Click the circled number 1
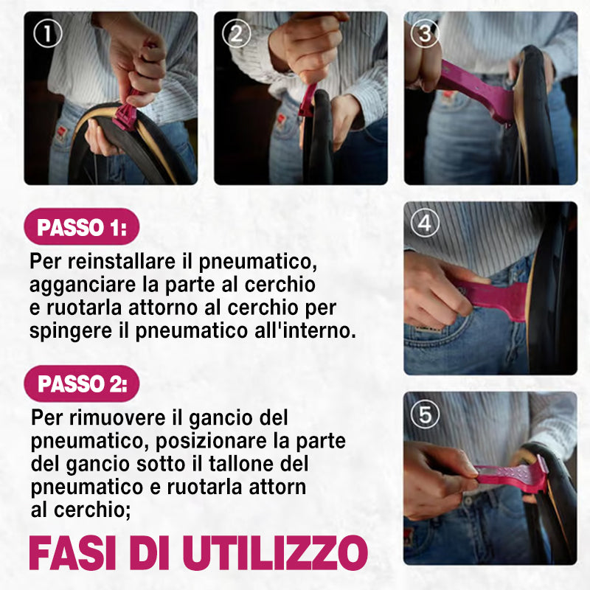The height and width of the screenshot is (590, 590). [47, 33]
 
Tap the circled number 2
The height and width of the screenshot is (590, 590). [236, 33]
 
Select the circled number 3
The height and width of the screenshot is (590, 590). [426, 33]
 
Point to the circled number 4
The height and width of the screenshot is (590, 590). [426, 223]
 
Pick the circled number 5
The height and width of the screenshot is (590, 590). [426, 414]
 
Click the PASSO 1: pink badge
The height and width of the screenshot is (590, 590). [82, 227]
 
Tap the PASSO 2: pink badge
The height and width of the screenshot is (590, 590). [82, 383]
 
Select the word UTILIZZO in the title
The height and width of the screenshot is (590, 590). [274, 553]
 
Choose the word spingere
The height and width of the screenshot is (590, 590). [71, 331]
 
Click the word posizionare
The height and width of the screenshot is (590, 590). [211, 441]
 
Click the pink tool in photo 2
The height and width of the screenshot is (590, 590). [308, 100]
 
